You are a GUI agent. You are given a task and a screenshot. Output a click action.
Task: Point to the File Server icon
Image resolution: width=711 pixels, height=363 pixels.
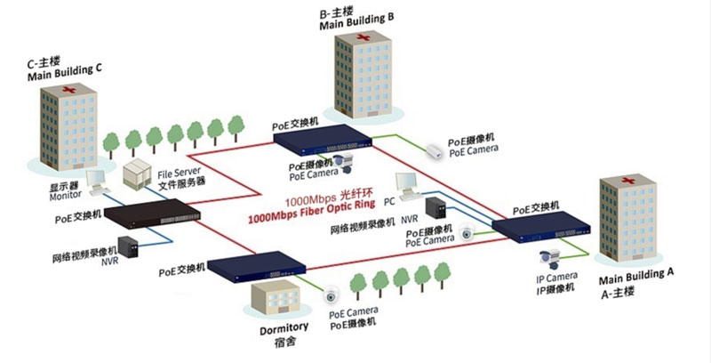[138, 174]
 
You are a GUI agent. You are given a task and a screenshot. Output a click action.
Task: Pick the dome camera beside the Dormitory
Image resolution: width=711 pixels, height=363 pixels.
[332, 296]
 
